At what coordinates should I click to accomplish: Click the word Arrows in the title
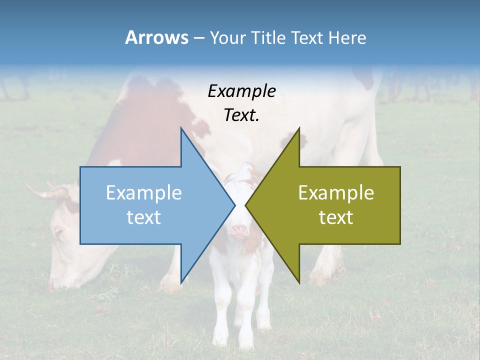[156, 37]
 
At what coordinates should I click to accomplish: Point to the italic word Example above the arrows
[241, 91]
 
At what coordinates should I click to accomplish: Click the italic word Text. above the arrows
[241, 115]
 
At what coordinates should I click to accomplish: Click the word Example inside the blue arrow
[143, 193]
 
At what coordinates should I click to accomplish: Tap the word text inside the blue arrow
[143, 217]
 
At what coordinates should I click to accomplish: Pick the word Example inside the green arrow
[336, 193]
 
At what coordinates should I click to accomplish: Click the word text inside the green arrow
[336, 217]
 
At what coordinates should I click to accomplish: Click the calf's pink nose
[239, 230]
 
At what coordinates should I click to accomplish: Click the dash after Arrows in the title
[198, 38]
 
